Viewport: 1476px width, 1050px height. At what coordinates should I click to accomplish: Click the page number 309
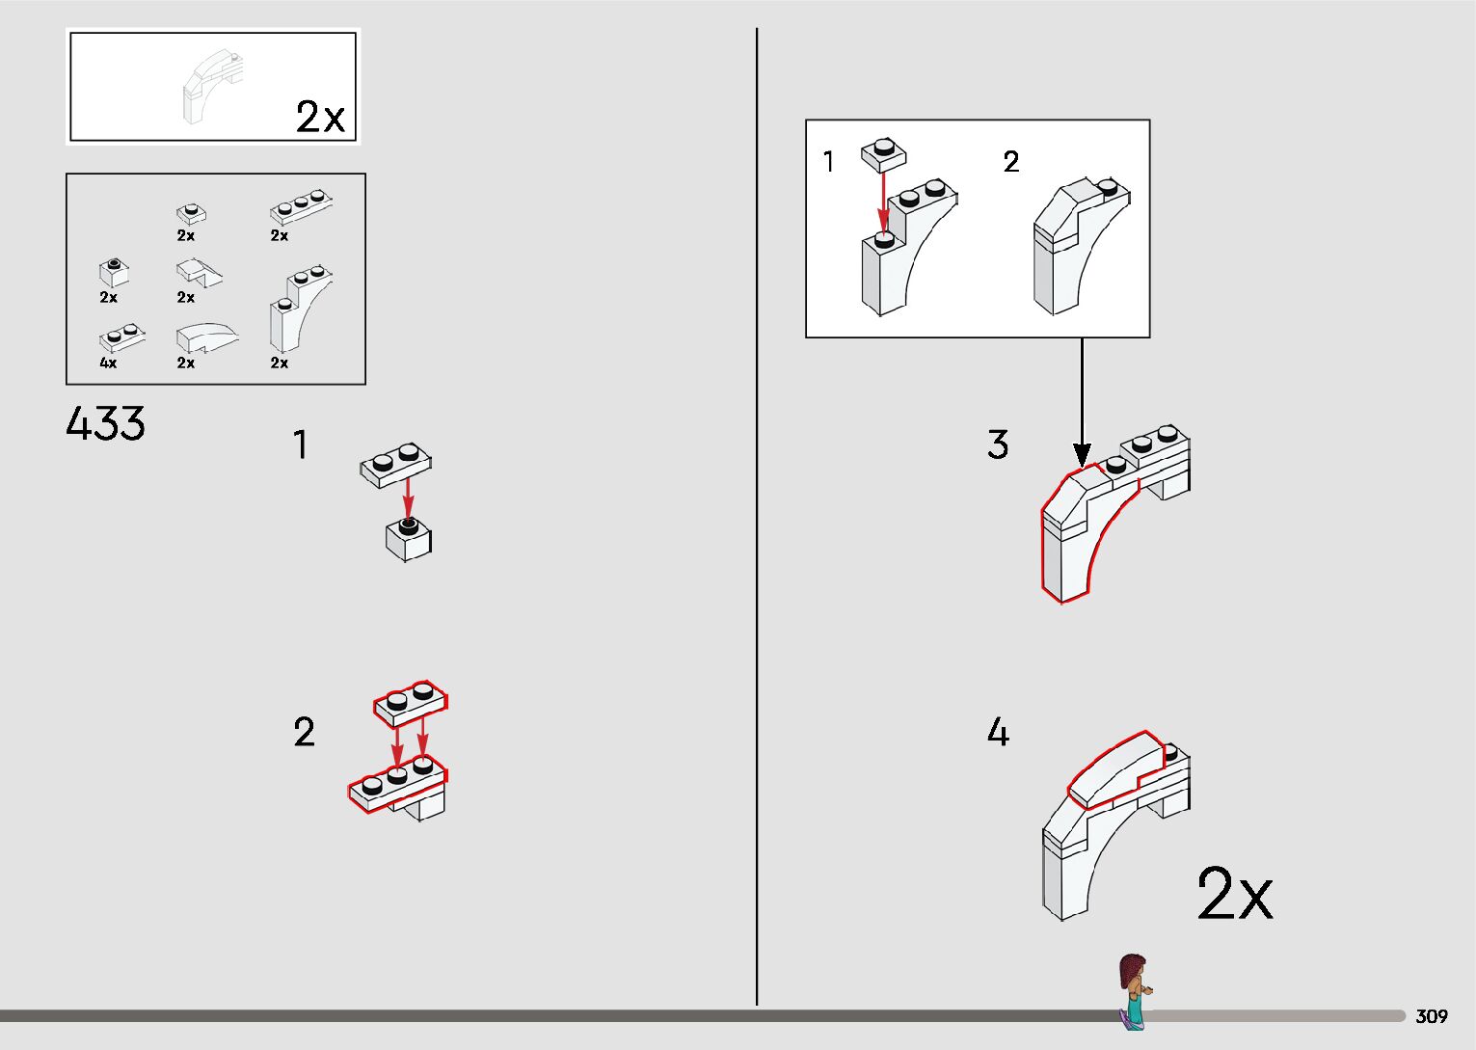click(x=1432, y=1015)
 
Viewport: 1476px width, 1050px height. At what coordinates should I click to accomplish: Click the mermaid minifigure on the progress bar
click(x=1134, y=990)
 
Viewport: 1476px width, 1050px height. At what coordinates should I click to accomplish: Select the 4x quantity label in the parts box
click(x=108, y=363)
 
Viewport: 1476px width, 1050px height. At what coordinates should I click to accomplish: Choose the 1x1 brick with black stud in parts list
click(x=114, y=272)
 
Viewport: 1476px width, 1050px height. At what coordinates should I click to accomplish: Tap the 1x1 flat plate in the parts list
click(x=191, y=213)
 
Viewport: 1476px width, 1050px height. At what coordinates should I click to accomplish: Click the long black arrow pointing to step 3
click(x=1082, y=402)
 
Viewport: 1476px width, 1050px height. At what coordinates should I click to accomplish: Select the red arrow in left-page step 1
click(x=409, y=498)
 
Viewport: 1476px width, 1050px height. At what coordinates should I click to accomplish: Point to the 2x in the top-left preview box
click(x=320, y=117)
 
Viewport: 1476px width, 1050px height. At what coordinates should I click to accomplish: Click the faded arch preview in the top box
click(x=213, y=87)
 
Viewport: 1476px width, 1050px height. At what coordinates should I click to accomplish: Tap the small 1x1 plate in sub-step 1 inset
click(x=884, y=155)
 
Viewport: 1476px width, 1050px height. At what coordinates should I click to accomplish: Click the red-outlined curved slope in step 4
click(x=1114, y=768)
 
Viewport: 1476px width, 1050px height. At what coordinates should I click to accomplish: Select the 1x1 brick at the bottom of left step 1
click(x=409, y=539)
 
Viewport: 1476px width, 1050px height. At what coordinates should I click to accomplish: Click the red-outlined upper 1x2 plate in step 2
click(x=411, y=703)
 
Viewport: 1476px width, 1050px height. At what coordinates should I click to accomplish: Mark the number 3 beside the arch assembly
click(x=998, y=444)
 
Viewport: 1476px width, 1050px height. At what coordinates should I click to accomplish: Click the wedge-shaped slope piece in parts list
click(x=199, y=272)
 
